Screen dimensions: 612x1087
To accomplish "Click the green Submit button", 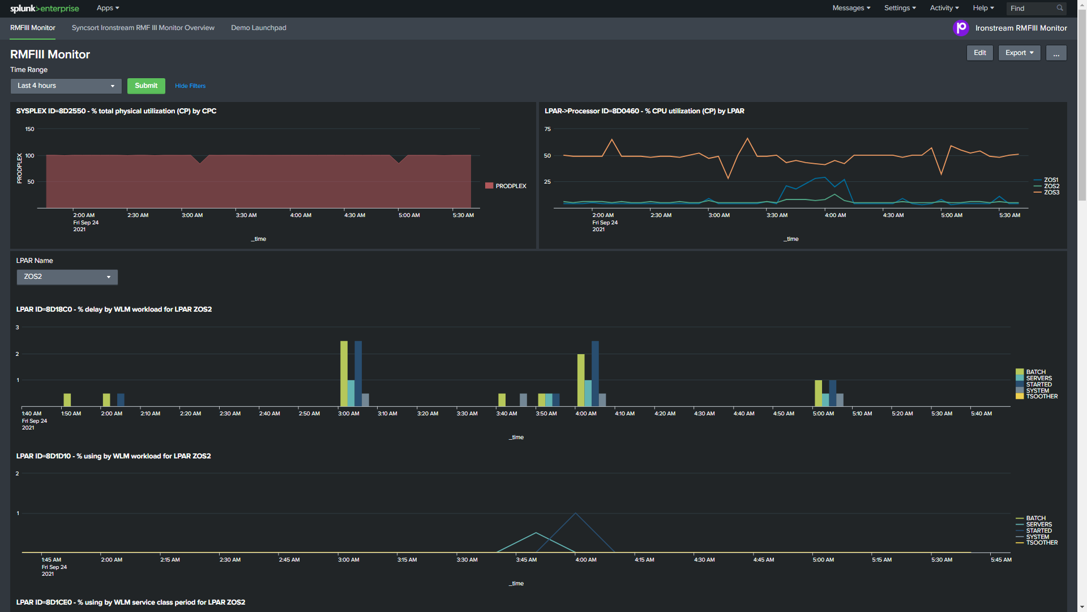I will click(x=146, y=86).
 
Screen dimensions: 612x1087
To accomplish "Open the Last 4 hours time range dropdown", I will click(x=66, y=86).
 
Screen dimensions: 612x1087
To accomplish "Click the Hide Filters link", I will click(x=190, y=86).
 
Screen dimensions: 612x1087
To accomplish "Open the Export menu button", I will click(x=1019, y=53).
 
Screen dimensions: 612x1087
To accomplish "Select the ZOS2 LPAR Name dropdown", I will click(x=67, y=277).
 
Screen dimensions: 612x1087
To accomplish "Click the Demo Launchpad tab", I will click(x=258, y=28).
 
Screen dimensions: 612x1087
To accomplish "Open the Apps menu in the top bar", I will click(x=108, y=8).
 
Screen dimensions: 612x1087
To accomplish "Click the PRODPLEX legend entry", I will click(x=510, y=186).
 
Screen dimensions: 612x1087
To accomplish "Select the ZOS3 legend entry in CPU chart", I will click(x=1051, y=193).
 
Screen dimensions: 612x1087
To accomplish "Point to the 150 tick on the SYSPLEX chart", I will click(x=29, y=129).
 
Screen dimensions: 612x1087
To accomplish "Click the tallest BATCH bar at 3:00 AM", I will click(x=344, y=373).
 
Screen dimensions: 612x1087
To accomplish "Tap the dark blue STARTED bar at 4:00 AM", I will click(x=595, y=373).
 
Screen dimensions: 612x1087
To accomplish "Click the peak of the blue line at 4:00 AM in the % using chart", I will click(x=576, y=513).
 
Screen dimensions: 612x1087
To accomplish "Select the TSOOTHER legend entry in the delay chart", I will click(x=1041, y=397).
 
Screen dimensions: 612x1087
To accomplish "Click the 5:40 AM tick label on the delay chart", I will click(x=981, y=414).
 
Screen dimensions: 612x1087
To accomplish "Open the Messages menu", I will click(x=851, y=8).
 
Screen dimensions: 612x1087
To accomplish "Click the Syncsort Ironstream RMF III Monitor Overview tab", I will click(x=143, y=28).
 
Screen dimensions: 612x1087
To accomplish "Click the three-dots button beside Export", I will click(x=1056, y=53).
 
